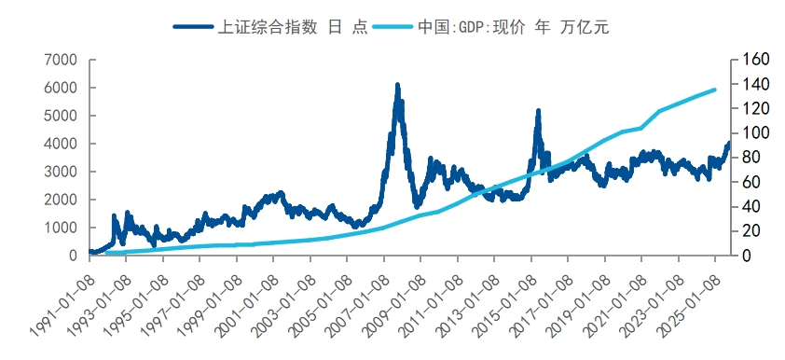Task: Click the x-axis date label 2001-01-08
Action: pyautogui.click(x=246, y=294)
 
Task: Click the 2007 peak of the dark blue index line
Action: pyautogui.click(x=397, y=85)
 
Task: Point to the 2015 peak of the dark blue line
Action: pyautogui.click(x=538, y=111)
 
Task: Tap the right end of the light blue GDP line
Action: pyautogui.click(x=714, y=90)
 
